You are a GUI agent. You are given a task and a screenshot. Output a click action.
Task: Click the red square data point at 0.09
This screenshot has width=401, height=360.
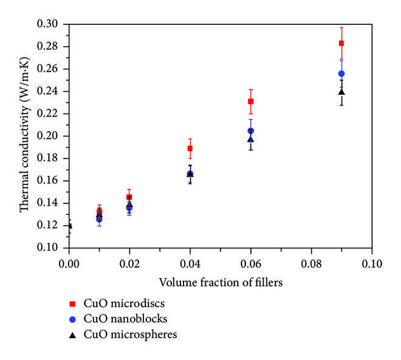tap(341, 43)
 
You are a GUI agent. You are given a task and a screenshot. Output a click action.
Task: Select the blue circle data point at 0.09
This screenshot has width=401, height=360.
tap(341, 73)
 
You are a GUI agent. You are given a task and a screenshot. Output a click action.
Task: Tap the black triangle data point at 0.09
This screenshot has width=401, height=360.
tap(341, 92)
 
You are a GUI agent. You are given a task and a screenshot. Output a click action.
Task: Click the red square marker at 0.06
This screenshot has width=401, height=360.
tap(251, 101)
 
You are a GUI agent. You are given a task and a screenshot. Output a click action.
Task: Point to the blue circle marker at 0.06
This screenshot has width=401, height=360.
tap(251, 131)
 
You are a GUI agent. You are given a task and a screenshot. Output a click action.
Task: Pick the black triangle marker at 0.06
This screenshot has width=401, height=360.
tap(251, 140)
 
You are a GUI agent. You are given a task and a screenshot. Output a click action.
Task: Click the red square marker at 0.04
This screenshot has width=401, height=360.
tap(190, 148)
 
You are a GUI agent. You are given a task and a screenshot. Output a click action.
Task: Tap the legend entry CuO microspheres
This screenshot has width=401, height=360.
tap(130, 333)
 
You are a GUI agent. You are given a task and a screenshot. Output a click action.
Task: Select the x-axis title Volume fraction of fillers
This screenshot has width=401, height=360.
tap(220, 282)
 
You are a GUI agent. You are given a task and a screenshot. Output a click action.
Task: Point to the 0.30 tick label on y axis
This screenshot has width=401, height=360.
tap(53, 24)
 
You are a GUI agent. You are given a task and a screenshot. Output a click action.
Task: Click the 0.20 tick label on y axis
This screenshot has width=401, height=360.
tap(53, 136)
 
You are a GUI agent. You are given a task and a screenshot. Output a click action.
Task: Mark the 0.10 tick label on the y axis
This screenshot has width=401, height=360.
tap(53, 248)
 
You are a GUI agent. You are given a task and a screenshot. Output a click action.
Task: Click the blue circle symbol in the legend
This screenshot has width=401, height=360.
tap(72, 318)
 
